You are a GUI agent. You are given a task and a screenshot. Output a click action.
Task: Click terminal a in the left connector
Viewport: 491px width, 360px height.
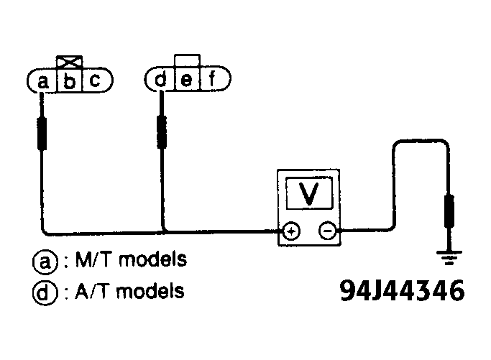point(42,82)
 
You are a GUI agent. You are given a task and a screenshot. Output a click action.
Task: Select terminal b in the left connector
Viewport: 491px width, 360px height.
point(69,82)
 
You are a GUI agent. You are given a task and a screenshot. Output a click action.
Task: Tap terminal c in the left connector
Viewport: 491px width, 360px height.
point(94,82)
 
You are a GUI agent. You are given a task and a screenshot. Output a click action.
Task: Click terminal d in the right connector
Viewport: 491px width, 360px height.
point(160,80)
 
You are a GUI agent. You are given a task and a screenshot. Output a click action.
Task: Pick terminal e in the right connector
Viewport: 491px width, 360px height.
point(186,80)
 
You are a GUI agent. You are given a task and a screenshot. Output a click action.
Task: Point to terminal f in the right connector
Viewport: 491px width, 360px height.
point(211,80)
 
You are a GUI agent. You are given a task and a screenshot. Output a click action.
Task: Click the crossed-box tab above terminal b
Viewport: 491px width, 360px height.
point(69,61)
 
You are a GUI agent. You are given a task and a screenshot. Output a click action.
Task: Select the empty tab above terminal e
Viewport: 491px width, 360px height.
point(187,60)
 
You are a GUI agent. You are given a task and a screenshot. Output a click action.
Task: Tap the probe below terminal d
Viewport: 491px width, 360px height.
point(162,130)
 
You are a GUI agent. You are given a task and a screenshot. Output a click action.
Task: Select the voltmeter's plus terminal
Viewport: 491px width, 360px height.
point(290,231)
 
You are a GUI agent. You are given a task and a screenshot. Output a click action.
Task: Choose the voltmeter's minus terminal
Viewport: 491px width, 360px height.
point(327,231)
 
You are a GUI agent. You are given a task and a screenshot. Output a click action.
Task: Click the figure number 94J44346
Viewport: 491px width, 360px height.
point(401,292)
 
